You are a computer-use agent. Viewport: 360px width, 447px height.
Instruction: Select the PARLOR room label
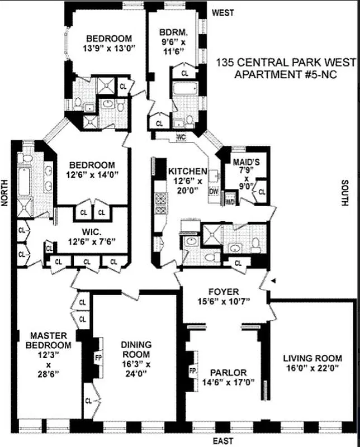coord(228,373)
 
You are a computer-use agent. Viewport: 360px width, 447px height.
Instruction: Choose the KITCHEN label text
coord(188,172)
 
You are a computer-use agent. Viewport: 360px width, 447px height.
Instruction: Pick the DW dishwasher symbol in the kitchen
coord(213,191)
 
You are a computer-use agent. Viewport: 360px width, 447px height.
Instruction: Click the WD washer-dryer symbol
coord(230,202)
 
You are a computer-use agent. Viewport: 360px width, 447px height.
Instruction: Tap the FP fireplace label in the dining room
coord(98,355)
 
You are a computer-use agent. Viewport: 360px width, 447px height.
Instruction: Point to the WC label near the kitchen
coord(181,137)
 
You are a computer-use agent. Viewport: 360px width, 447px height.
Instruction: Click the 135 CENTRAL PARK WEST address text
coord(284,63)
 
